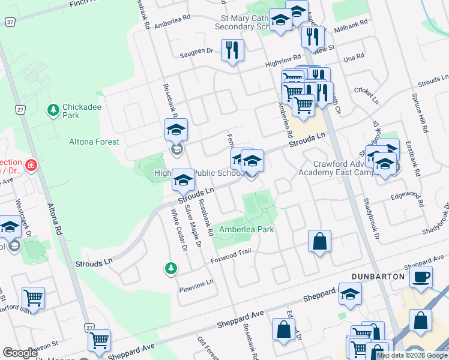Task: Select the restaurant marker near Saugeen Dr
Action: (x=232, y=50)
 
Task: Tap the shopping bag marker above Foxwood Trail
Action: (x=320, y=242)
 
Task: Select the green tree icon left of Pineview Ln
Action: (x=171, y=268)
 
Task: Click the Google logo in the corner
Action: (x=20, y=353)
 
